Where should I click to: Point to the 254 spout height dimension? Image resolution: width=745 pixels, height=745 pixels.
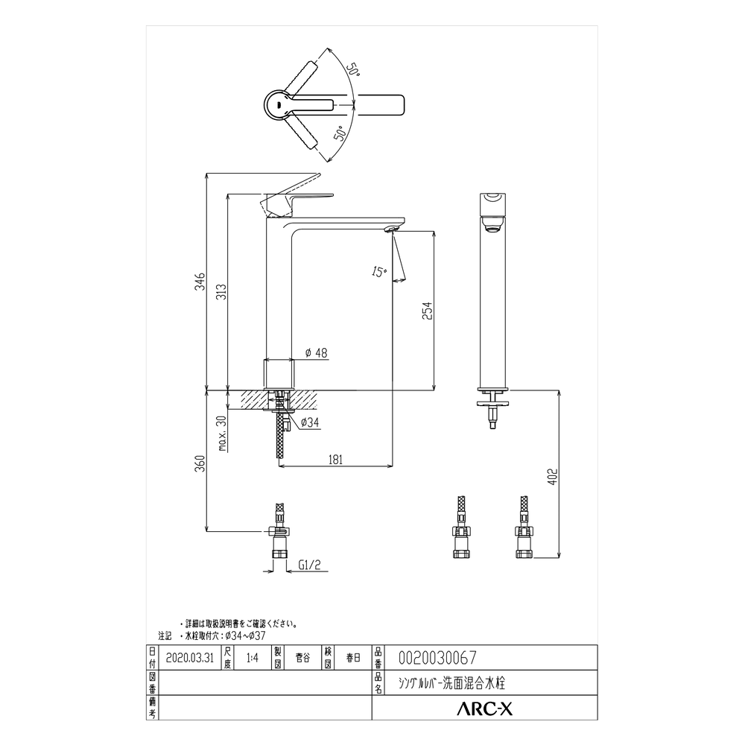coord(427,311)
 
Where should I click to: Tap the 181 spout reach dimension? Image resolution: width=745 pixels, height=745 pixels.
coord(335,460)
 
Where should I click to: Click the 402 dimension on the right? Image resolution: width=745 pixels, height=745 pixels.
coord(552,476)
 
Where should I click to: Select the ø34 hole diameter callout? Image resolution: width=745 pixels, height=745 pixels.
coord(310,423)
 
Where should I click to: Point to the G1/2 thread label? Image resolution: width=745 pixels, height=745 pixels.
coord(309,565)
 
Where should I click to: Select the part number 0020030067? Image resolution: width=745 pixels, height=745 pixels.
coord(437,658)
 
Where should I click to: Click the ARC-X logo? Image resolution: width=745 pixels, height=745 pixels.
coord(484,710)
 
